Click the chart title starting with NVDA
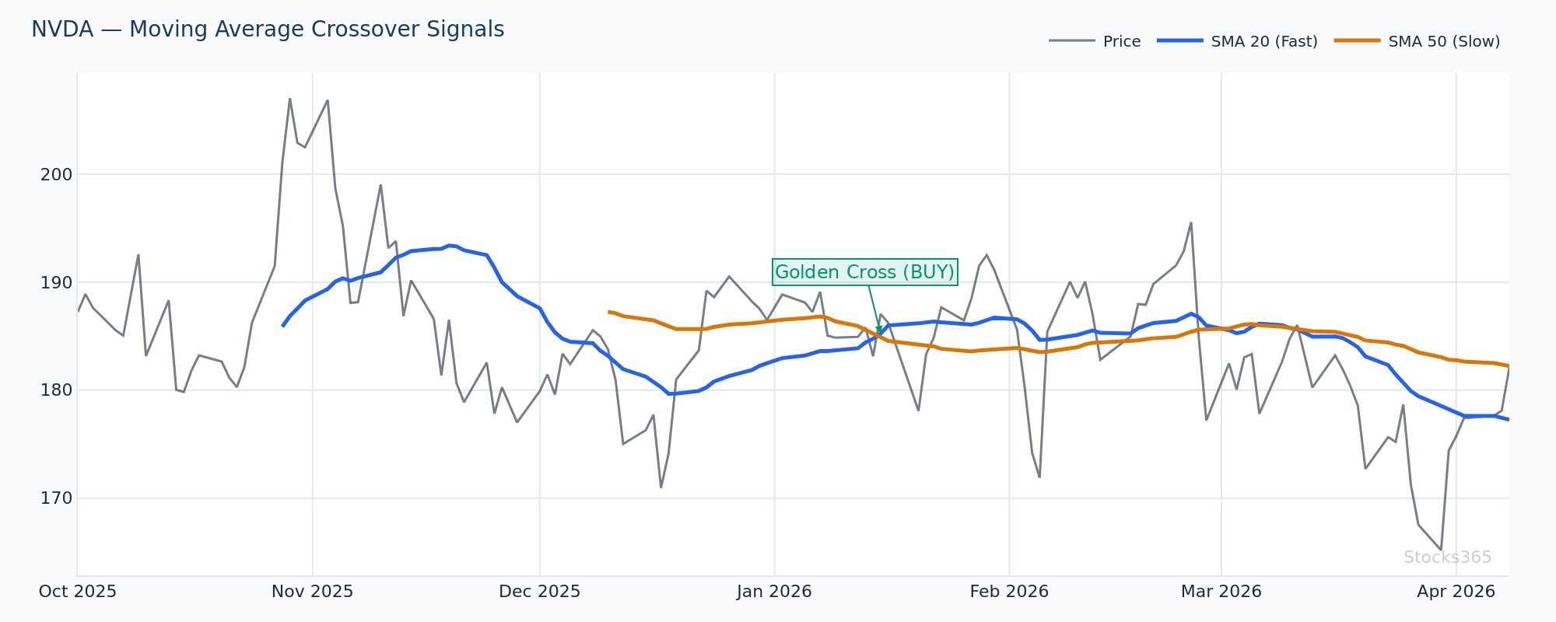tap(268, 30)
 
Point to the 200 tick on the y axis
tap(56, 175)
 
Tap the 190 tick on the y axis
tap(56, 282)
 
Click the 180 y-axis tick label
tap(56, 390)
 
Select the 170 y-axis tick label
tap(56, 498)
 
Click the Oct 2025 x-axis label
tap(78, 592)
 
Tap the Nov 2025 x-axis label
tap(312, 592)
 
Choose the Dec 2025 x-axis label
tap(539, 592)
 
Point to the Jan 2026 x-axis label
tap(774, 592)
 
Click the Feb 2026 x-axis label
tap(1009, 592)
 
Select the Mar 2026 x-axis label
tap(1221, 592)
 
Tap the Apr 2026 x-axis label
tap(1456, 592)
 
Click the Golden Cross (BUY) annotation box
tap(864, 273)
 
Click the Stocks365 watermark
tap(1447, 557)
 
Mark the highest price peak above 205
tap(289, 99)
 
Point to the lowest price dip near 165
tap(1441, 550)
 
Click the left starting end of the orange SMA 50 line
tap(609, 312)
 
